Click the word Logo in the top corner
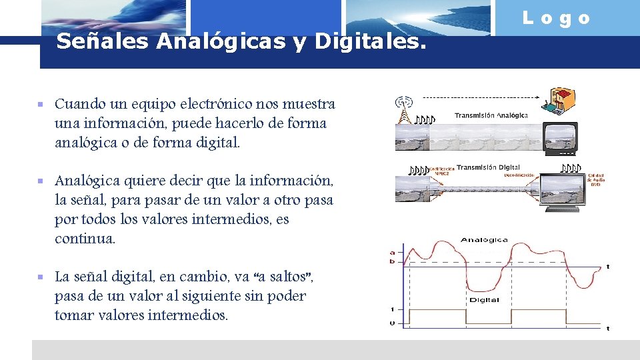point(557,19)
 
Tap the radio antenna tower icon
point(403,111)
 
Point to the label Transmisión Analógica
point(491,115)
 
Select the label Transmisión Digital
point(488,167)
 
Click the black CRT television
point(560,136)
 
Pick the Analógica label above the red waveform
point(484,240)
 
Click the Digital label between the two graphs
point(484,300)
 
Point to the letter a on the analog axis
point(392,252)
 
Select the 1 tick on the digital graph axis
point(392,309)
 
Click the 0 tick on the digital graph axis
point(392,324)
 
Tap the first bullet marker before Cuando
point(41,105)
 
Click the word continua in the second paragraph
point(85,238)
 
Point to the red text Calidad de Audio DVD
point(595,180)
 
